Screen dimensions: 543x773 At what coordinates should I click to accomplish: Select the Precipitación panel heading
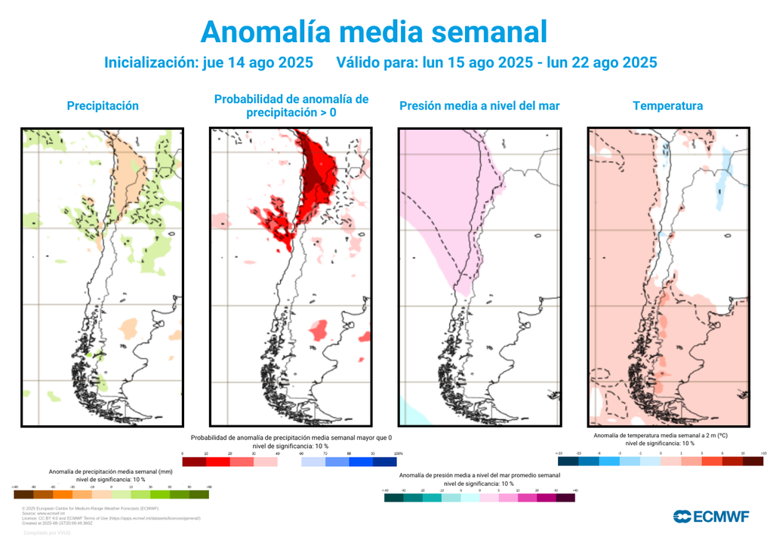point(103,106)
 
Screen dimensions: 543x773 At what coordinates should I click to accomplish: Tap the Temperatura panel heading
point(667,106)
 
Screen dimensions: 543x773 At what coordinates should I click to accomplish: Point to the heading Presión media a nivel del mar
point(479,106)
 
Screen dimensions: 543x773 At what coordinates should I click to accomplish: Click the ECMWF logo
point(711,517)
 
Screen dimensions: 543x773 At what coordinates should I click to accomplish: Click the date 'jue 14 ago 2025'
point(258,63)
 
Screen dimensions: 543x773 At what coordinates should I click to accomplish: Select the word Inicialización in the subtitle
point(150,63)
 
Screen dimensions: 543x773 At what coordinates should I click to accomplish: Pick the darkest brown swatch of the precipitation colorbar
point(23,495)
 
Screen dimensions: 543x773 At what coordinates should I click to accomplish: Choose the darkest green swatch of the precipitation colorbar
point(199,495)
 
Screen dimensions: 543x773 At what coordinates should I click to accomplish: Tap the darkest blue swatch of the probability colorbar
point(385,462)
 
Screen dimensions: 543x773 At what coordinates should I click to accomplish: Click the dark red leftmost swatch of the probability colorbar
point(194,462)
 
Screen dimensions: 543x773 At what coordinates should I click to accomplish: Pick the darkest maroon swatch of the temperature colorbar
point(752,460)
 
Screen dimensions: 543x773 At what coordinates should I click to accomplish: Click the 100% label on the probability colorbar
point(399,453)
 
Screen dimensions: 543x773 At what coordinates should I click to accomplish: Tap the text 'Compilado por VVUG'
point(48,532)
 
